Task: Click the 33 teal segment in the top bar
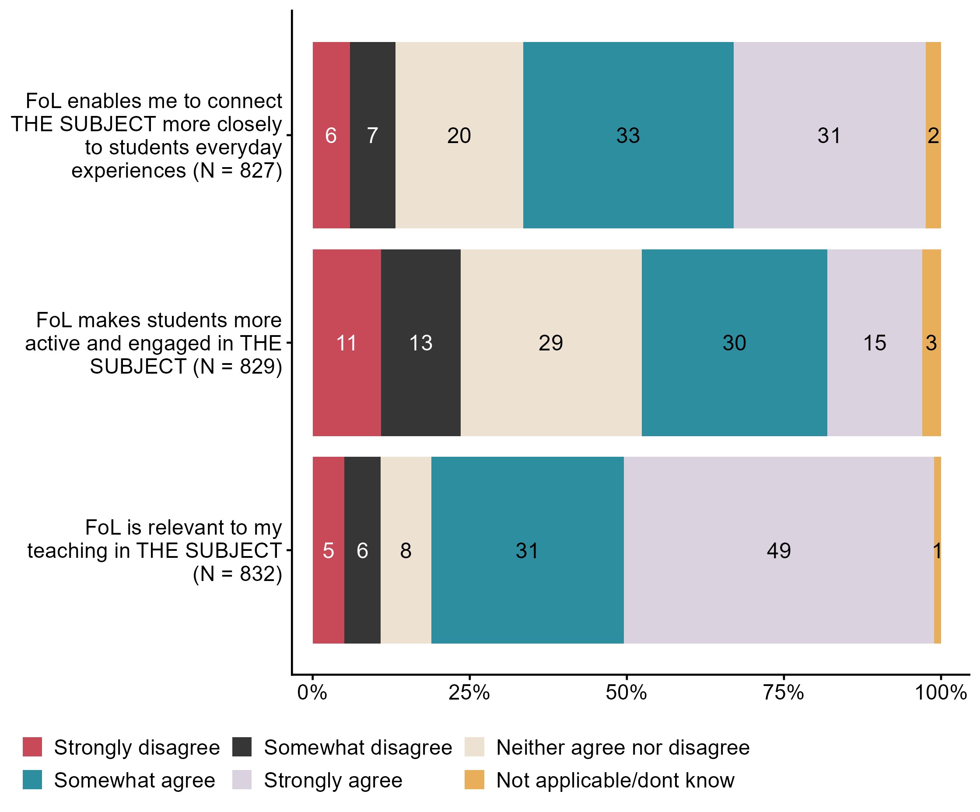tap(628, 135)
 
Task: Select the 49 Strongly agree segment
tap(778, 550)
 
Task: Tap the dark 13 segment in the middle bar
tap(420, 343)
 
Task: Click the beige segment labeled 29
tap(551, 343)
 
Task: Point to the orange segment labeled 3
tap(931, 343)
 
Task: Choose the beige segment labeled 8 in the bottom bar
tap(406, 550)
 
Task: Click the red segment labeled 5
tap(328, 550)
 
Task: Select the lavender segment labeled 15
tap(874, 343)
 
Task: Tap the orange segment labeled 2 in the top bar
tap(933, 135)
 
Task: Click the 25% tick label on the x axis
tap(469, 693)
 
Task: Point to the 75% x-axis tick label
tap(783, 693)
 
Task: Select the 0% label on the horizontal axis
tap(312, 693)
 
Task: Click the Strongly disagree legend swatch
tap(32, 747)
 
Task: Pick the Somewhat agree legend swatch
tap(32, 780)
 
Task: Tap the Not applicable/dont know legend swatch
tap(474, 780)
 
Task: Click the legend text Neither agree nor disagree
tap(623, 747)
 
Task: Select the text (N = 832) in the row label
tap(238, 574)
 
